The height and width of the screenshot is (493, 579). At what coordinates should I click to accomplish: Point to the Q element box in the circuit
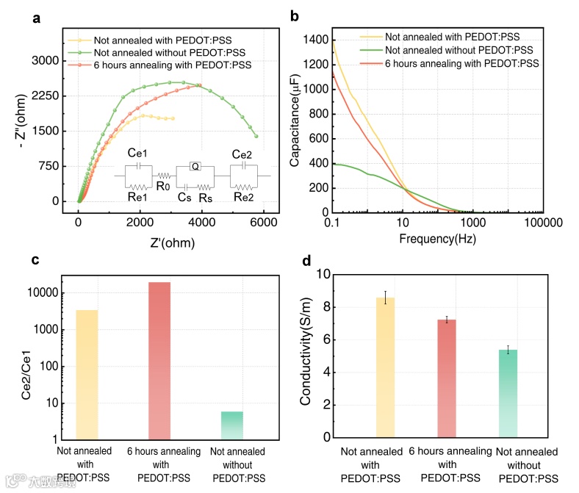pyautogui.click(x=195, y=166)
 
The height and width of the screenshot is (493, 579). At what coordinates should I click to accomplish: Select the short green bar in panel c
pyautogui.click(x=232, y=425)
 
